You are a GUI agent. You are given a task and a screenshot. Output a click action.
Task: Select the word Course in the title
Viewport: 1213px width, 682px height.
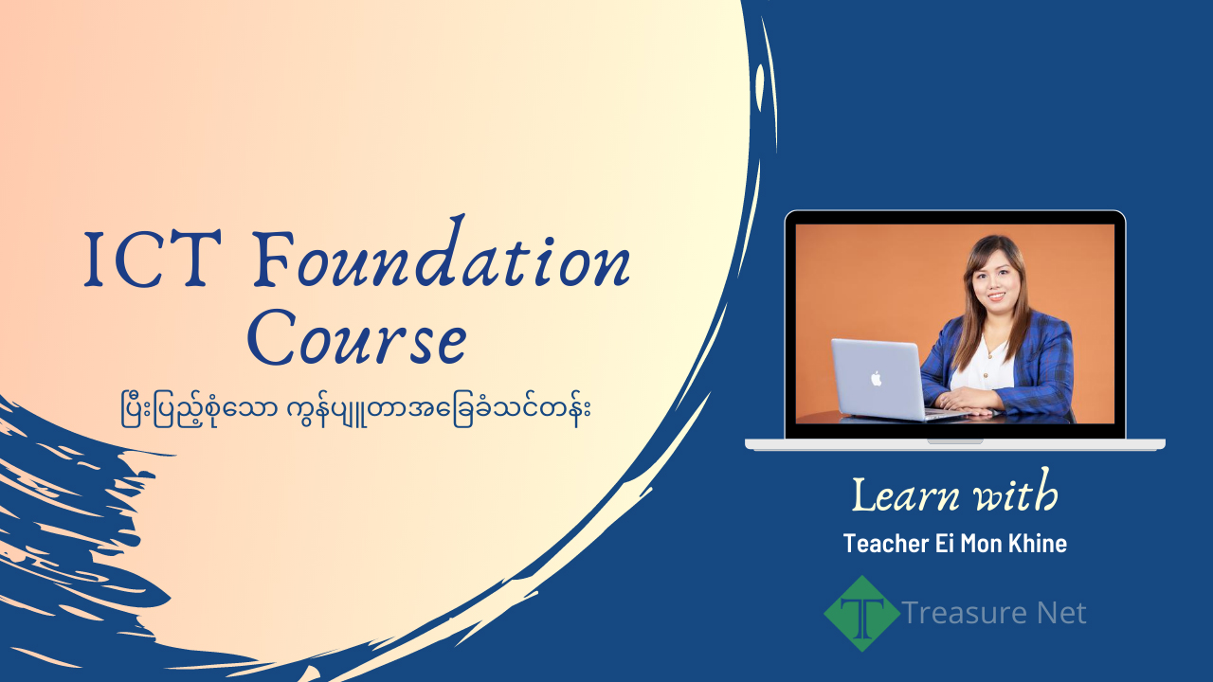pos(363,341)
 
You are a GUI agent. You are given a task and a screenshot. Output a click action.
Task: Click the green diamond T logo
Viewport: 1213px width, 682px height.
pos(861,613)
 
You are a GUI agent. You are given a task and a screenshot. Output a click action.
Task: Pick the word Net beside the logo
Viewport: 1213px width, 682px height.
pos(1060,613)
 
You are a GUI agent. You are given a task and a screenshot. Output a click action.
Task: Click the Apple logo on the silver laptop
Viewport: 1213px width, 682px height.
pos(877,378)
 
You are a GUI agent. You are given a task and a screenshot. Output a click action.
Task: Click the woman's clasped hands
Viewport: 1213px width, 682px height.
pos(967,402)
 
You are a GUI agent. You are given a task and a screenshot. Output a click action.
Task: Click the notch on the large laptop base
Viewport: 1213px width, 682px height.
pos(954,440)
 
